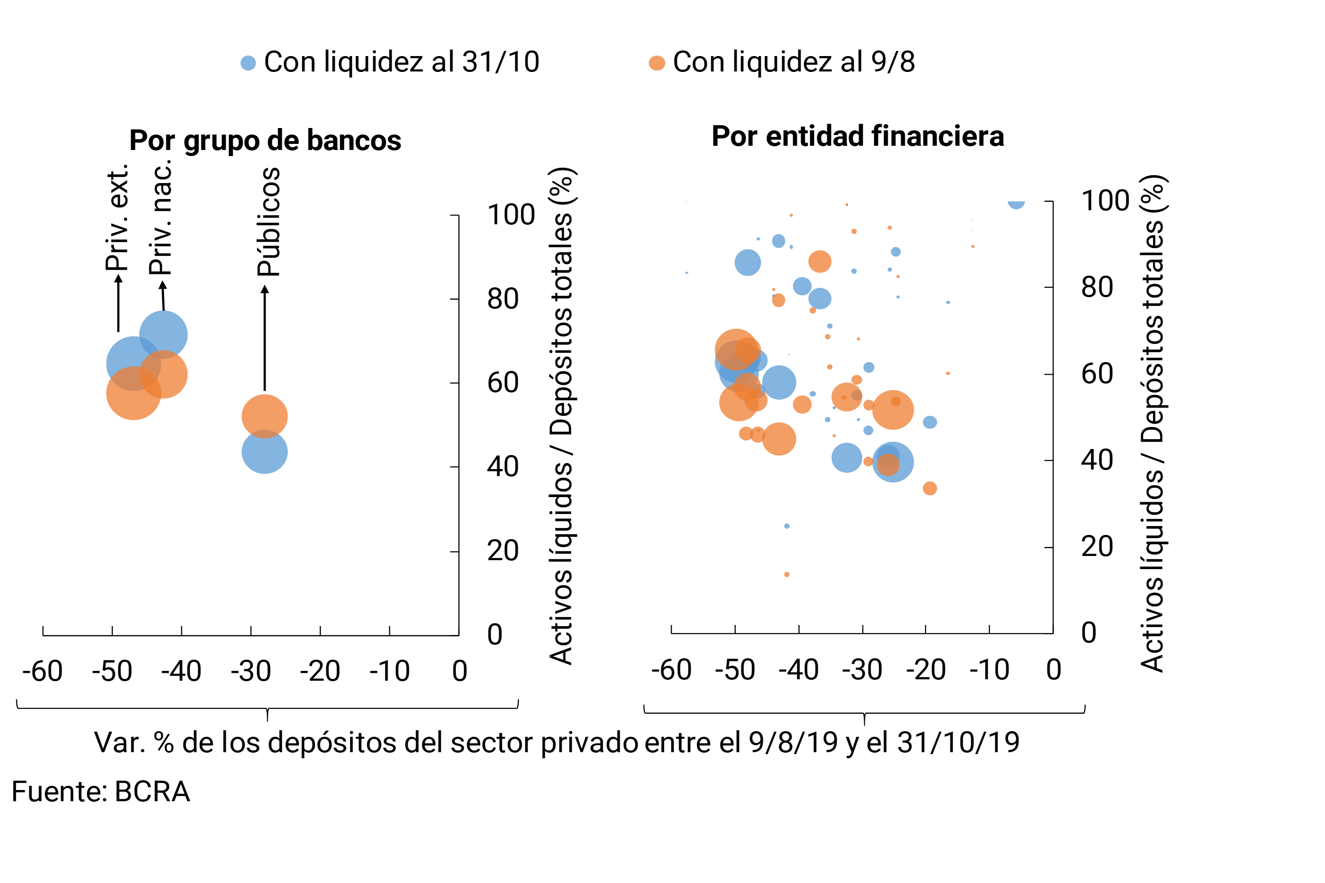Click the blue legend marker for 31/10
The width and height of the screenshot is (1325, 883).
tap(248, 63)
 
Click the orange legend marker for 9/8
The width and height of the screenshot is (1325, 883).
tap(657, 63)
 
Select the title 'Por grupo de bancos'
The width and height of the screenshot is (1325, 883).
tap(265, 140)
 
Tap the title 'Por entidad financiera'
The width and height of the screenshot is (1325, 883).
tap(858, 136)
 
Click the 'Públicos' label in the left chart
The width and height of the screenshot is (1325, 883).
tap(269, 221)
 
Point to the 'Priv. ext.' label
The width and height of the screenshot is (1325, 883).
tap(118, 217)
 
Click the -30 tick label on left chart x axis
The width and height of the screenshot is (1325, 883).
tap(251, 671)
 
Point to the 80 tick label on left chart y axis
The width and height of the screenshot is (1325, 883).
tap(502, 299)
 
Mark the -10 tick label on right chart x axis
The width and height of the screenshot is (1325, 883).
tap(989, 670)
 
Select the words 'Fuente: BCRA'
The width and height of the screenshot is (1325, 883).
tap(101, 792)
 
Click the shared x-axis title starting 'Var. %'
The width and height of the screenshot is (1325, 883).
tap(557, 742)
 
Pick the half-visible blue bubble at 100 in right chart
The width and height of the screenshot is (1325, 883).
tap(1016, 203)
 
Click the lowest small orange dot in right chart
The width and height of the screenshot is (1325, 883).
tap(787, 574)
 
